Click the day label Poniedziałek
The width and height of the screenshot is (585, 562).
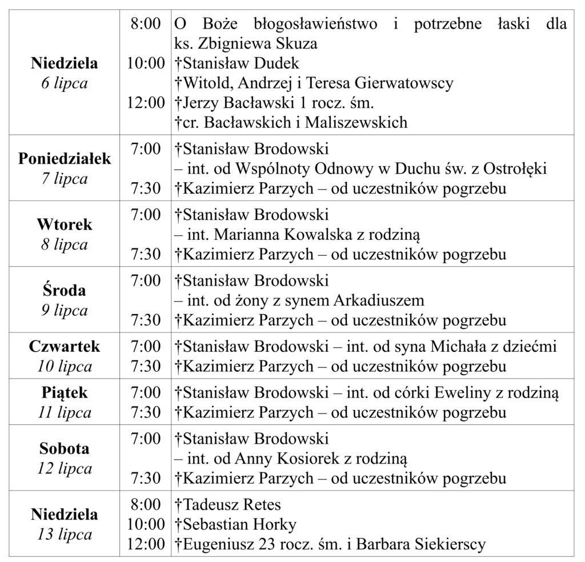[65, 159]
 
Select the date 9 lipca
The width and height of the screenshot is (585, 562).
[65, 310]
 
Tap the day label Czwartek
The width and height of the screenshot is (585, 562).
[65, 346]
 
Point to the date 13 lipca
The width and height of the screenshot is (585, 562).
[65, 535]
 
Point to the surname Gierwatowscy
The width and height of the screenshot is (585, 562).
[404, 83]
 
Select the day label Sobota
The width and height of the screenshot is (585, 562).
[65, 449]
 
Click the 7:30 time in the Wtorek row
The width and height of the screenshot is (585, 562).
[146, 254]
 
